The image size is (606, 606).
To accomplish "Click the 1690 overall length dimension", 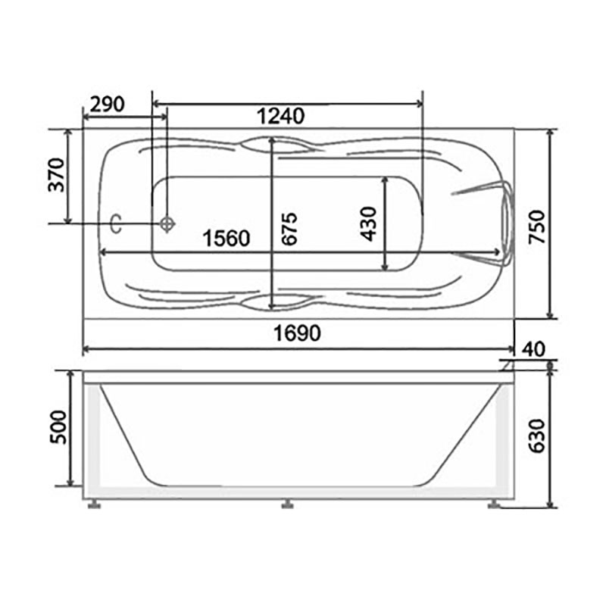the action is (x=297, y=333).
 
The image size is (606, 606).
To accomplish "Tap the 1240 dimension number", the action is (x=281, y=117).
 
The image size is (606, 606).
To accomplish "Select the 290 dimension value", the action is (x=107, y=104).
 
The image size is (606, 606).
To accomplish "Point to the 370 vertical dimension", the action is (x=57, y=175).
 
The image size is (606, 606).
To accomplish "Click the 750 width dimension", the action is (x=537, y=226).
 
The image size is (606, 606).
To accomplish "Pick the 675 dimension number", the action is (x=289, y=229).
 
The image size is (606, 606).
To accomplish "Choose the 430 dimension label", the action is (x=368, y=224).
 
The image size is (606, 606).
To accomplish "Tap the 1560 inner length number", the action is (x=226, y=238).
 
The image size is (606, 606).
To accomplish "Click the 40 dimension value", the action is (x=533, y=349).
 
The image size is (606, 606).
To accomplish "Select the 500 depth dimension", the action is (x=59, y=427).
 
